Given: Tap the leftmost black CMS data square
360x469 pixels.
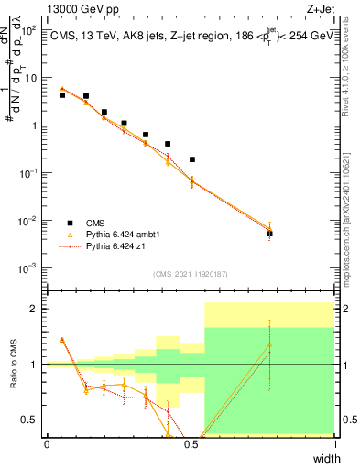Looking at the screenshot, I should coord(62,94).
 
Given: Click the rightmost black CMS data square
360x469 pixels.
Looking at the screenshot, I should coord(269,234).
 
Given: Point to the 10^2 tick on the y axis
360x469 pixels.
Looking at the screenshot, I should coord(29,30).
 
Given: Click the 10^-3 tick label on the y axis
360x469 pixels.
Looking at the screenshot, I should coord(29,267).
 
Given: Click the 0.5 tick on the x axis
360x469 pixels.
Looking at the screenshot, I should coord(191,444).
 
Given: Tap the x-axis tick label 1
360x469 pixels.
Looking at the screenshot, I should coord(335,444).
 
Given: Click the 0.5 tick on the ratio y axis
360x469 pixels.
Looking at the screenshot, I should coord(31,420).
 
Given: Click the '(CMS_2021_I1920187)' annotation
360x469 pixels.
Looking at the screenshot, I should coord(191,274).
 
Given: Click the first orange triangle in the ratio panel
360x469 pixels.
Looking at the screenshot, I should coord(62,339).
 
